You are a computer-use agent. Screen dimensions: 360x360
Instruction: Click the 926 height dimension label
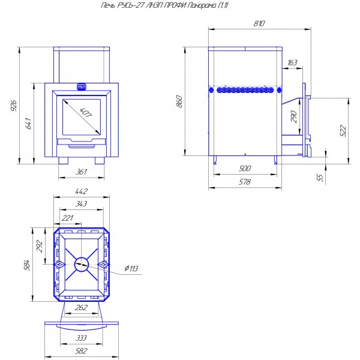(14, 106)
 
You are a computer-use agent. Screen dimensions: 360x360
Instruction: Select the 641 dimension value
(28, 123)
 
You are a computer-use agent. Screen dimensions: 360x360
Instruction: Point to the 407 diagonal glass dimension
(86, 113)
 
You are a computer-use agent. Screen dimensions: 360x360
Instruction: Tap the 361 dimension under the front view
(82, 172)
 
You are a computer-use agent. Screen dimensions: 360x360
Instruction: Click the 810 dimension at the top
(259, 23)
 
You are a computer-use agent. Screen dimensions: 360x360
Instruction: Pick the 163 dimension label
(292, 62)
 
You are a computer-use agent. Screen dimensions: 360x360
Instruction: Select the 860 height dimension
(179, 101)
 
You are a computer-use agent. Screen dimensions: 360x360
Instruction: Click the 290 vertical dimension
(294, 116)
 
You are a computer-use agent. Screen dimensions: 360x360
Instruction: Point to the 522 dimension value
(343, 131)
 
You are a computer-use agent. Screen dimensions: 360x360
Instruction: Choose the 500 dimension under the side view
(245, 169)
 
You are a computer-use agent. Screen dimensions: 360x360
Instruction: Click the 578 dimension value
(245, 182)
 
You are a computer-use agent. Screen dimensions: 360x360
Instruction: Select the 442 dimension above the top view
(82, 191)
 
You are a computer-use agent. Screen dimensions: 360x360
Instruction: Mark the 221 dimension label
(67, 218)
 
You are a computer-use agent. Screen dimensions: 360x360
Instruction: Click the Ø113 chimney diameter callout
(131, 268)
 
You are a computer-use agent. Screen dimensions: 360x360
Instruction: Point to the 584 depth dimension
(27, 265)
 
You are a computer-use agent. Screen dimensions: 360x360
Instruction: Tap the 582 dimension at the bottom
(82, 351)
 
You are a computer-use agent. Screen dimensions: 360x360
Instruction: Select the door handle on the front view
(81, 86)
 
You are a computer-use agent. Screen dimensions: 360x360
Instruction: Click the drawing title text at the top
(165, 5)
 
